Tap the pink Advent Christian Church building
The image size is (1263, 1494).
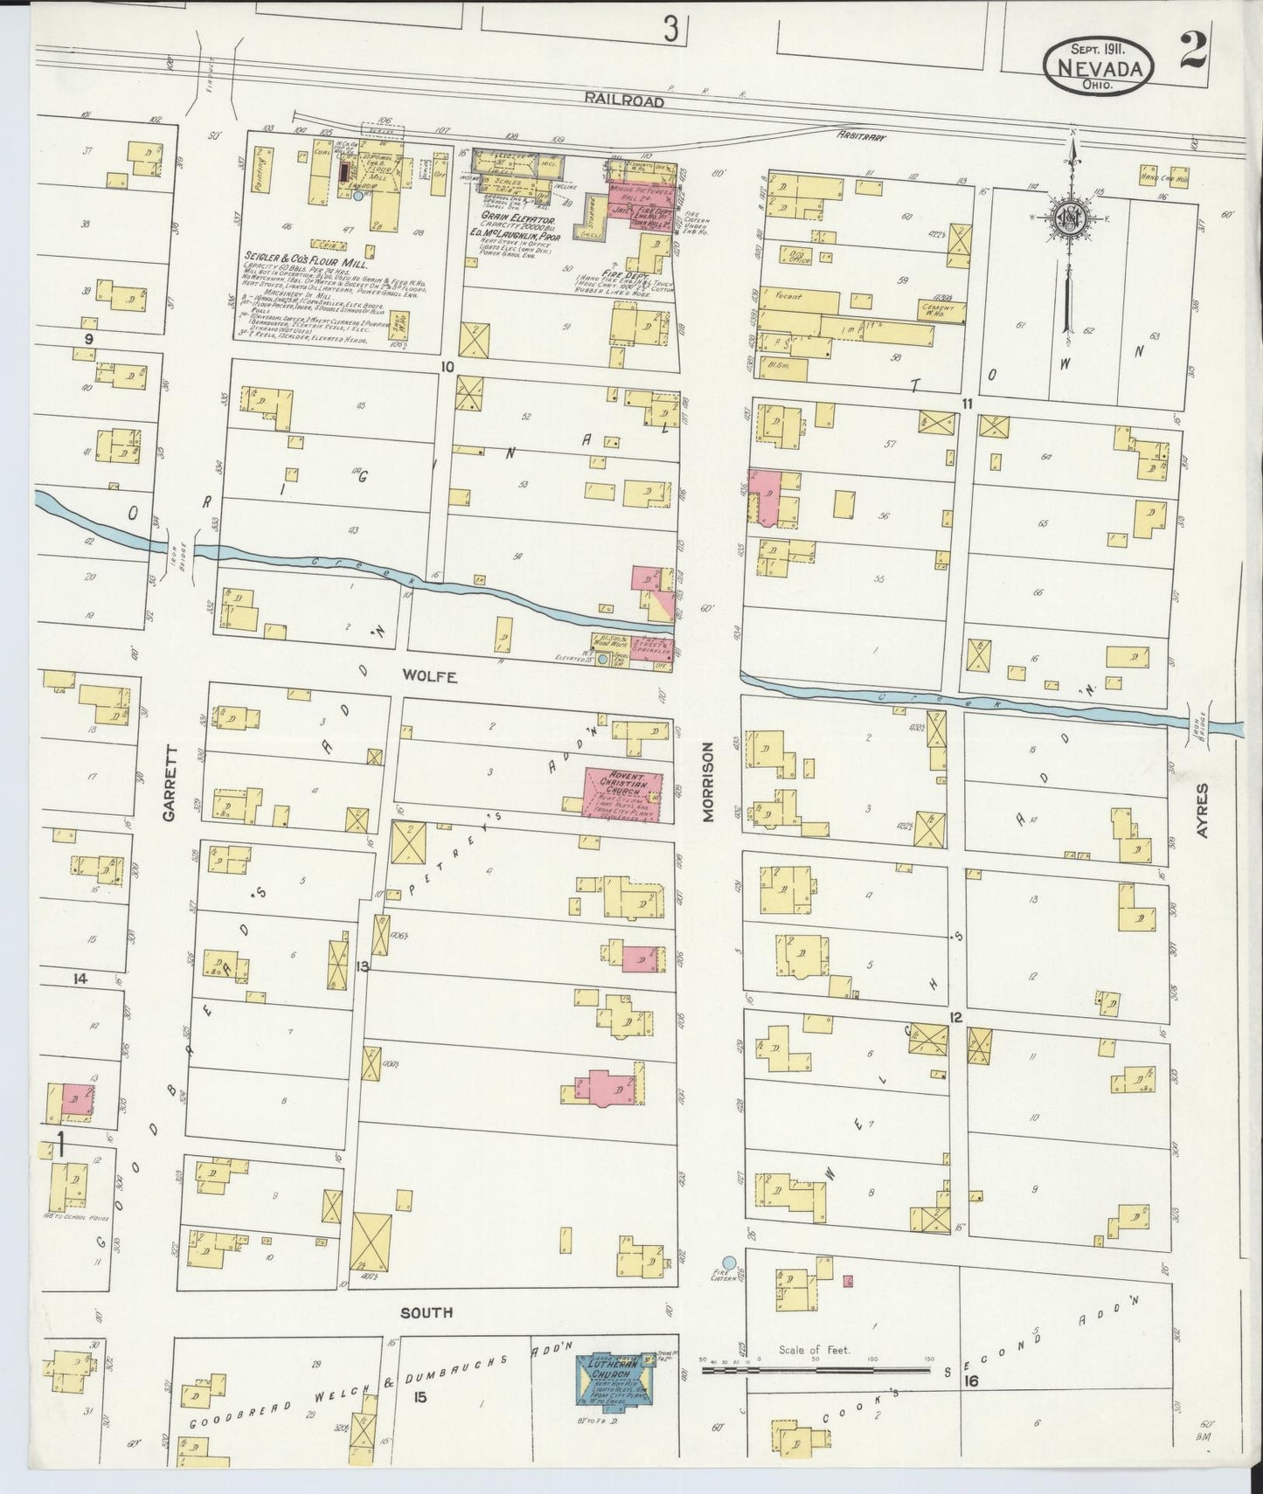621,795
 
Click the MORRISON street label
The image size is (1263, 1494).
709,782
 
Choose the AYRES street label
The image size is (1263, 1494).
1203,811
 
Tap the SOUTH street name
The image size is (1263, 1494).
427,1311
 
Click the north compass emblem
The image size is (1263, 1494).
1069,218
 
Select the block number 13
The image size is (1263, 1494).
363,965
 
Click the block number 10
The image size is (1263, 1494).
448,367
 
